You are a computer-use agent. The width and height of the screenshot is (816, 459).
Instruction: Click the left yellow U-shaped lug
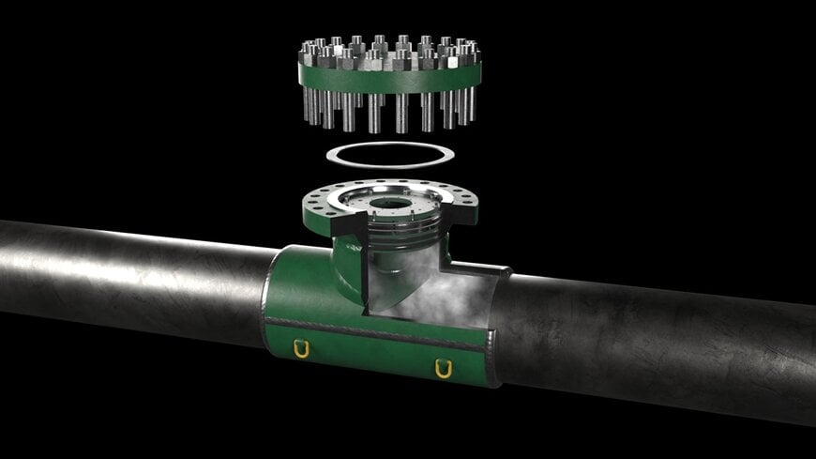[x=301, y=349]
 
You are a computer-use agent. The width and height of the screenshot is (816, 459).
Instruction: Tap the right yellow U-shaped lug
[x=444, y=368]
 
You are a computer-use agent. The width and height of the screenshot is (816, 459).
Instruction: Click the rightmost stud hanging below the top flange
[x=472, y=106]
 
